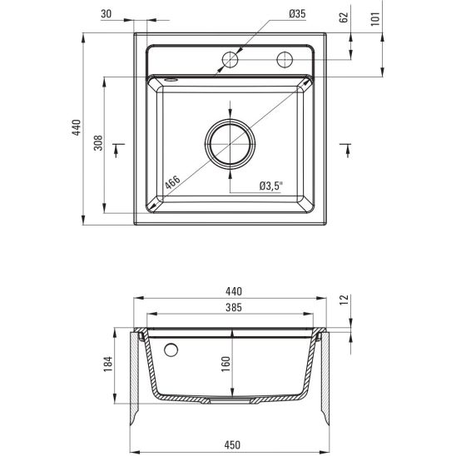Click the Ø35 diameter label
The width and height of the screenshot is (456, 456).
tap(298, 13)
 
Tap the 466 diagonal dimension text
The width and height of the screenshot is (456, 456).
tap(173, 183)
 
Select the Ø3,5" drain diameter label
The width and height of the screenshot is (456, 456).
tap(271, 186)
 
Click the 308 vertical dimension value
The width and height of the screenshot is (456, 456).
tap(98, 143)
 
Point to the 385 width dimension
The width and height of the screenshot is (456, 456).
tap(234, 307)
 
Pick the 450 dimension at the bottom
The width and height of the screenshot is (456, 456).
tap(232, 445)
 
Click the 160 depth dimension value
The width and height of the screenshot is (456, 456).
tap(226, 364)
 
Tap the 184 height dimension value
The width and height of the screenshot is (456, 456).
tap(108, 364)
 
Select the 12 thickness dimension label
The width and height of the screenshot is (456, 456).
tap(344, 300)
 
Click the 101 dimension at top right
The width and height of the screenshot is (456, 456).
tap(375, 19)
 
